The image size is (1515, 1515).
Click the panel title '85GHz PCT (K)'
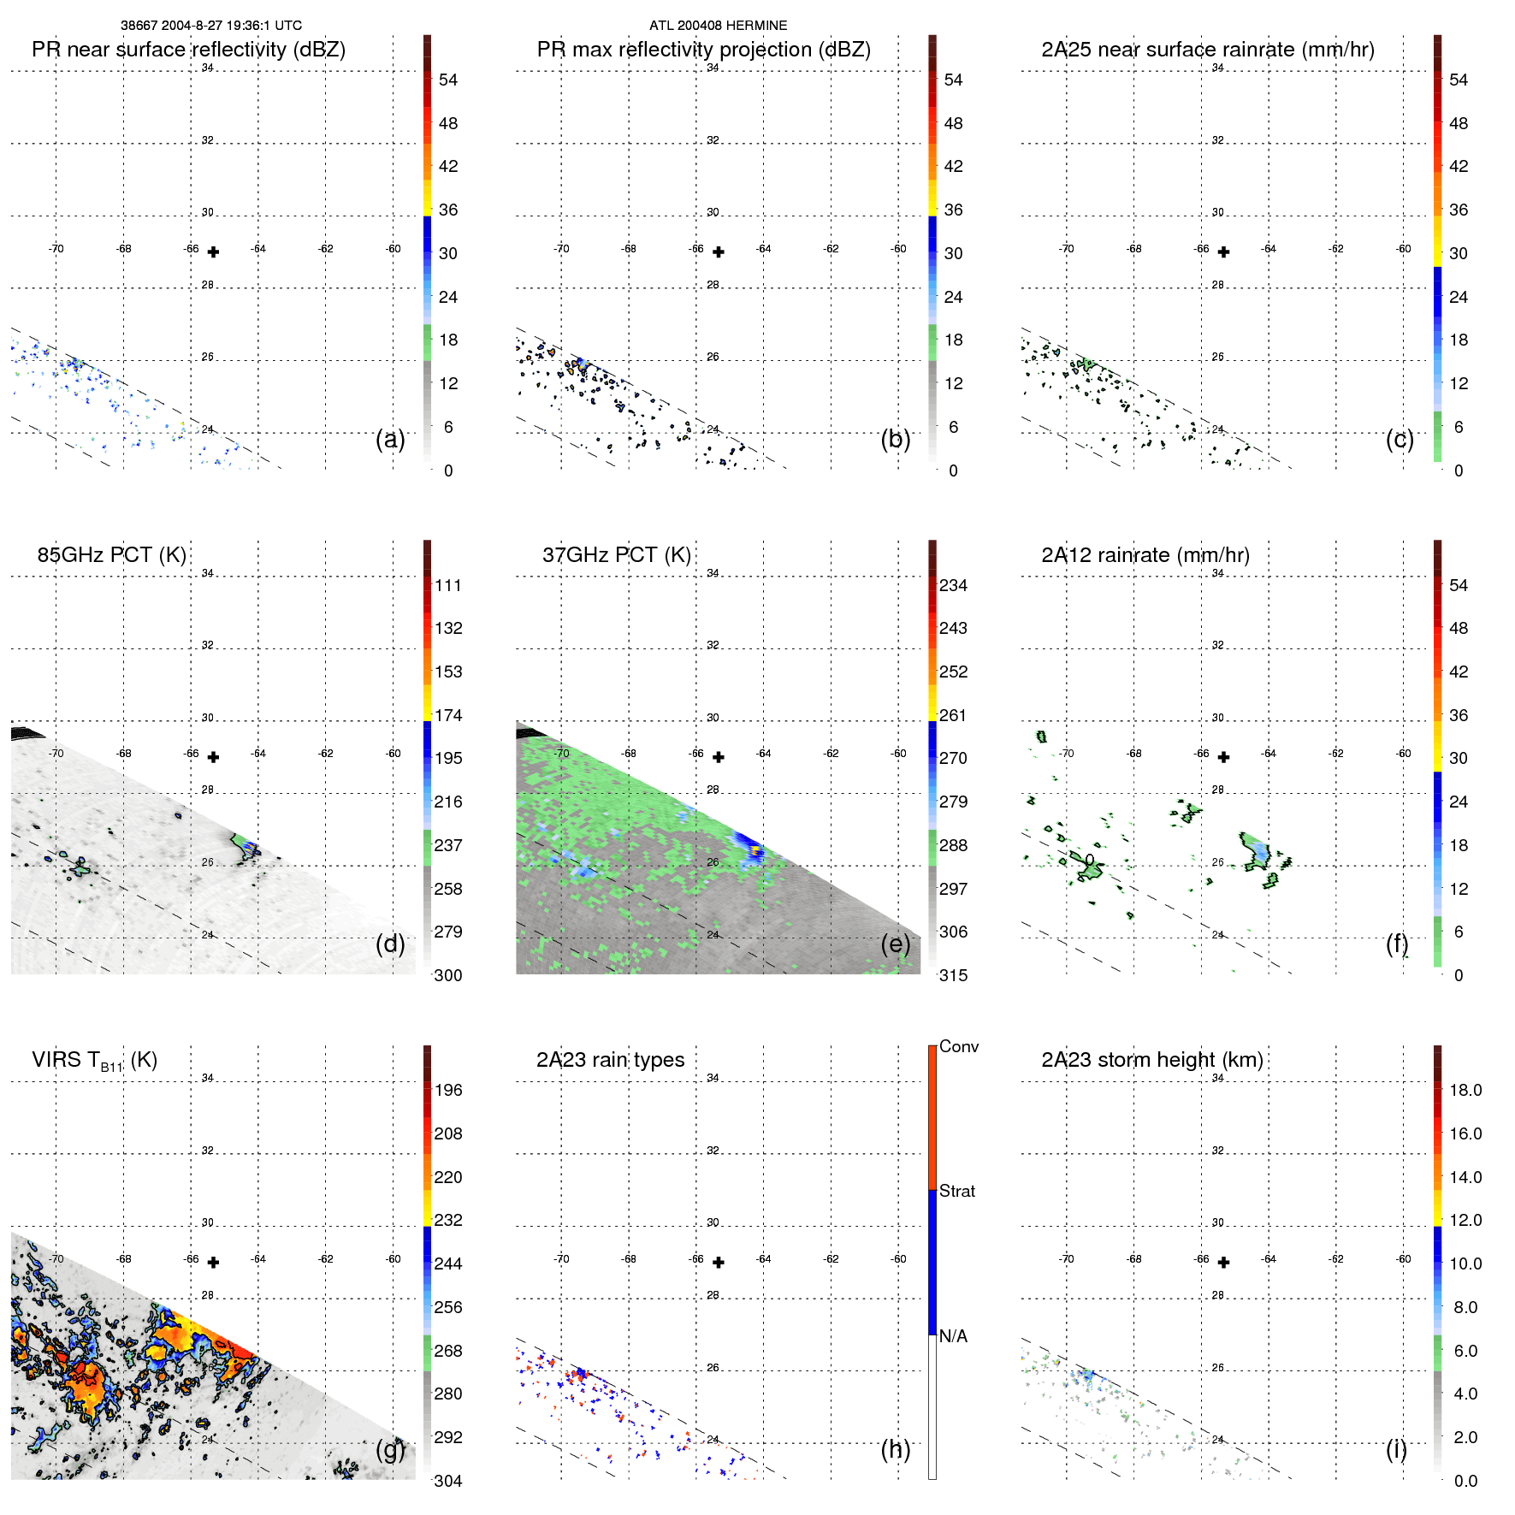[x=111, y=555]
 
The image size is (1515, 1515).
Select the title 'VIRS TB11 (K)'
[x=94, y=1061]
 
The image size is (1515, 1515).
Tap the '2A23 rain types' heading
[x=610, y=1060]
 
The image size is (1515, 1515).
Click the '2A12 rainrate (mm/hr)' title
[x=1145, y=555]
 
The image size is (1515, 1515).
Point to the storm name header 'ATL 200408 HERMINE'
[x=718, y=26]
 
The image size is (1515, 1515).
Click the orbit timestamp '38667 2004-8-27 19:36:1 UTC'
[x=210, y=26]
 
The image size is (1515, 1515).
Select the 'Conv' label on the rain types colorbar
[x=958, y=1046]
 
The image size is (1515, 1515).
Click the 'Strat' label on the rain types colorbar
[x=956, y=1191]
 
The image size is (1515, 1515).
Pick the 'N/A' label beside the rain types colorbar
[x=953, y=1336]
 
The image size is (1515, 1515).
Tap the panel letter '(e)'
[x=895, y=944]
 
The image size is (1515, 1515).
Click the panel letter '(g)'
[x=390, y=1449]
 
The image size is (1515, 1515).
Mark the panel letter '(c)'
[x=1400, y=439]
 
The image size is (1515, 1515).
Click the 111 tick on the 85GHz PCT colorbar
[x=448, y=586]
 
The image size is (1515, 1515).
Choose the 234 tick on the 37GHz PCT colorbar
[x=953, y=586]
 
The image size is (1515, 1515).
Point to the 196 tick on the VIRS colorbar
[x=448, y=1091]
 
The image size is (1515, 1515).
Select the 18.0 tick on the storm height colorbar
[x=1465, y=1091]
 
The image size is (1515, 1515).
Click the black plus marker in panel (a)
[x=213, y=252]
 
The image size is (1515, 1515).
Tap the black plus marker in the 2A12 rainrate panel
[x=1223, y=757]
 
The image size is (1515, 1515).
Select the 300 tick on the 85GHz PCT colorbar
[x=448, y=976]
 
